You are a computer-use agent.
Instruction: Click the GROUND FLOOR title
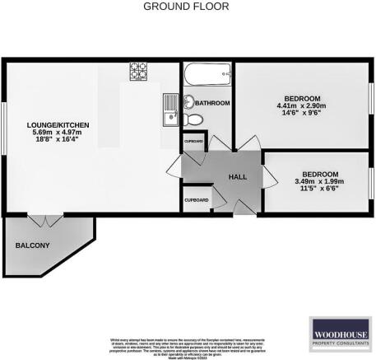pos(188,7)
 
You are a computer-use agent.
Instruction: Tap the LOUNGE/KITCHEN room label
pos(52,124)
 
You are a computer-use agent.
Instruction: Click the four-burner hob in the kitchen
pos(137,72)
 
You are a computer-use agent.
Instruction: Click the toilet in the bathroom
pos(188,102)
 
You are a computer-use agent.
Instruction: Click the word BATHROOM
pos(212,104)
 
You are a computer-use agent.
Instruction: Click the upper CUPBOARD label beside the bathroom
pos(193,141)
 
